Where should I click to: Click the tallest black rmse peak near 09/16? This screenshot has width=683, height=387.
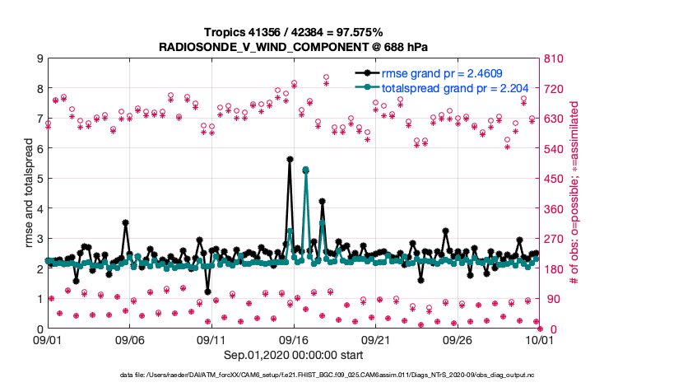tap(290, 159)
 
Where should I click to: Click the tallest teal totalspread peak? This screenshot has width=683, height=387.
tap(306, 170)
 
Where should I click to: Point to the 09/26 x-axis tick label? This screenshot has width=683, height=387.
tap(458, 339)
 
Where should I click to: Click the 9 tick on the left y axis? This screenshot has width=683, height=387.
tap(39, 58)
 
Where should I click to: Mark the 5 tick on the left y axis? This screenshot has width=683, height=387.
tap(39, 179)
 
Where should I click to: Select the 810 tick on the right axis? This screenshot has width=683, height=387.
tap(553, 58)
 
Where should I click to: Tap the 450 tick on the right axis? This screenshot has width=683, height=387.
tap(553, 179)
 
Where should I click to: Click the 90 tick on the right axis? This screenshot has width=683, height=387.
tap(551, 299)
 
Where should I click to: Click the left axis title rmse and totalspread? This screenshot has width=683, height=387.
tap(28, 193)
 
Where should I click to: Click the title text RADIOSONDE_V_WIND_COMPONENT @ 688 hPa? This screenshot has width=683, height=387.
tap(293, 47)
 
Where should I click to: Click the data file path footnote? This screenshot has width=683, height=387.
tap(340, 375)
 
